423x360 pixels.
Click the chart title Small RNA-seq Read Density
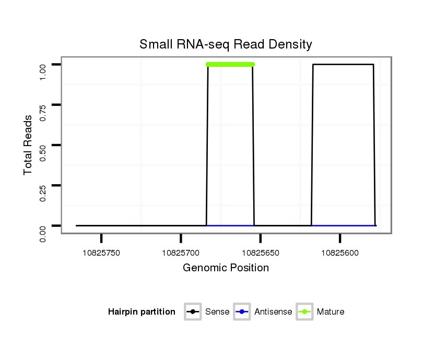point(226,44)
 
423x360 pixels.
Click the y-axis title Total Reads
point(28,145)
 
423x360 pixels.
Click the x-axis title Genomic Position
point(226,268)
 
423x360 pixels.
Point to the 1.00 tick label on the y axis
point(43,65)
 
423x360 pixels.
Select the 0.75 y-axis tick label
point(43,105)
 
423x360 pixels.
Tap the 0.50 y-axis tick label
point(43,145)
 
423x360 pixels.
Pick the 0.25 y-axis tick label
point(43,185)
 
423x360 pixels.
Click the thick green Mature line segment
point(230,65)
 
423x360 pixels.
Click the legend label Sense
point(217,312)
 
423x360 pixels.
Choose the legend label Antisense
point(273,312)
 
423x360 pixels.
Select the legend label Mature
point(331,312)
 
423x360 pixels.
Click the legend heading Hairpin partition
point(142,312)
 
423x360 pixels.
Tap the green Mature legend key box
point(304,312)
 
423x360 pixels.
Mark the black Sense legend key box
point(193,312)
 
